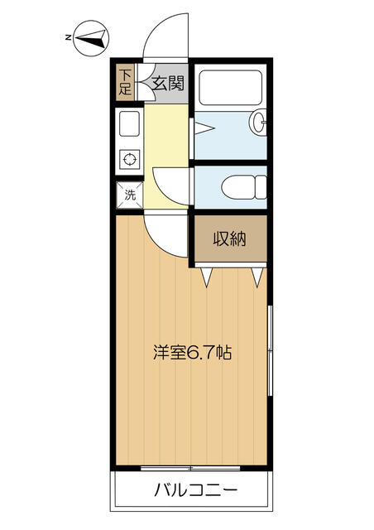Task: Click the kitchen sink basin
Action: pyautogui.click(x=129, y=125)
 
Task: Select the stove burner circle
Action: pyautogui.click(x=129, y=158)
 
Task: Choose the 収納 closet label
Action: pyautogui.click(x=231, y=240)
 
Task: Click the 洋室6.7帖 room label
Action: pyautogui.click(x=191, y=352)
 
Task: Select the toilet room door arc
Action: pyautogui.click(x=170, y=182)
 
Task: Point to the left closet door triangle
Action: pyautogui.click(x=207, y=277)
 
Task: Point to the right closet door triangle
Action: pyautogui.click(x=258, y=277)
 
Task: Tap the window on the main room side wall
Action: pyautogui.click(x=271, y=348)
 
